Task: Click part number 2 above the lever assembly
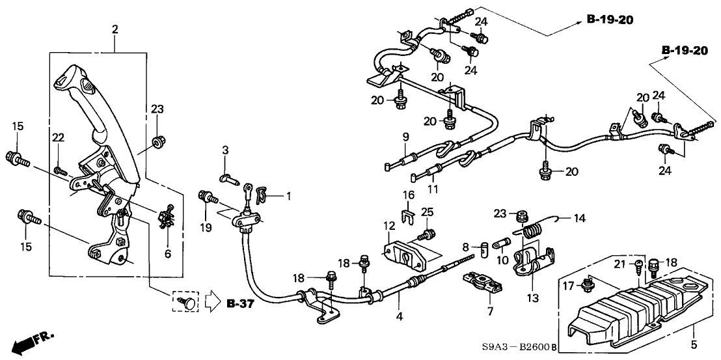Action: pos(115,29)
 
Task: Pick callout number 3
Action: pos(225,150)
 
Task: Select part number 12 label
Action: pos(388,225)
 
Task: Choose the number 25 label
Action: pos(427,212)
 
